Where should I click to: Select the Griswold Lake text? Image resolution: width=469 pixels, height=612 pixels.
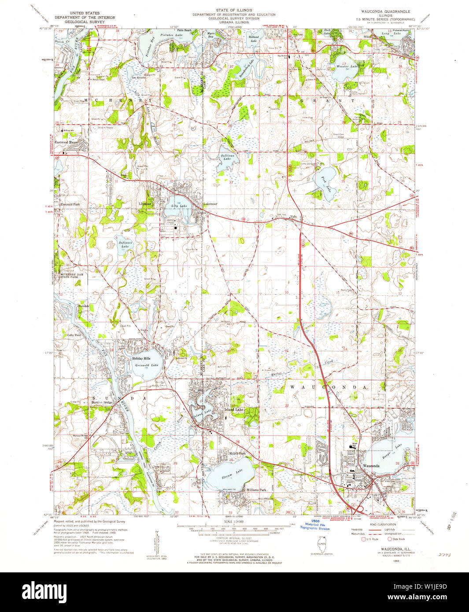[147, 365]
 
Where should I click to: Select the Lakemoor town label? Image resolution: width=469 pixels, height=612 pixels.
[210, 204]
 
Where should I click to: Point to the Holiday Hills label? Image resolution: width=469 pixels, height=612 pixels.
[141, 358]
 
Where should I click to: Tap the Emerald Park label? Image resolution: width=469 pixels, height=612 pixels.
[70, 204]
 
